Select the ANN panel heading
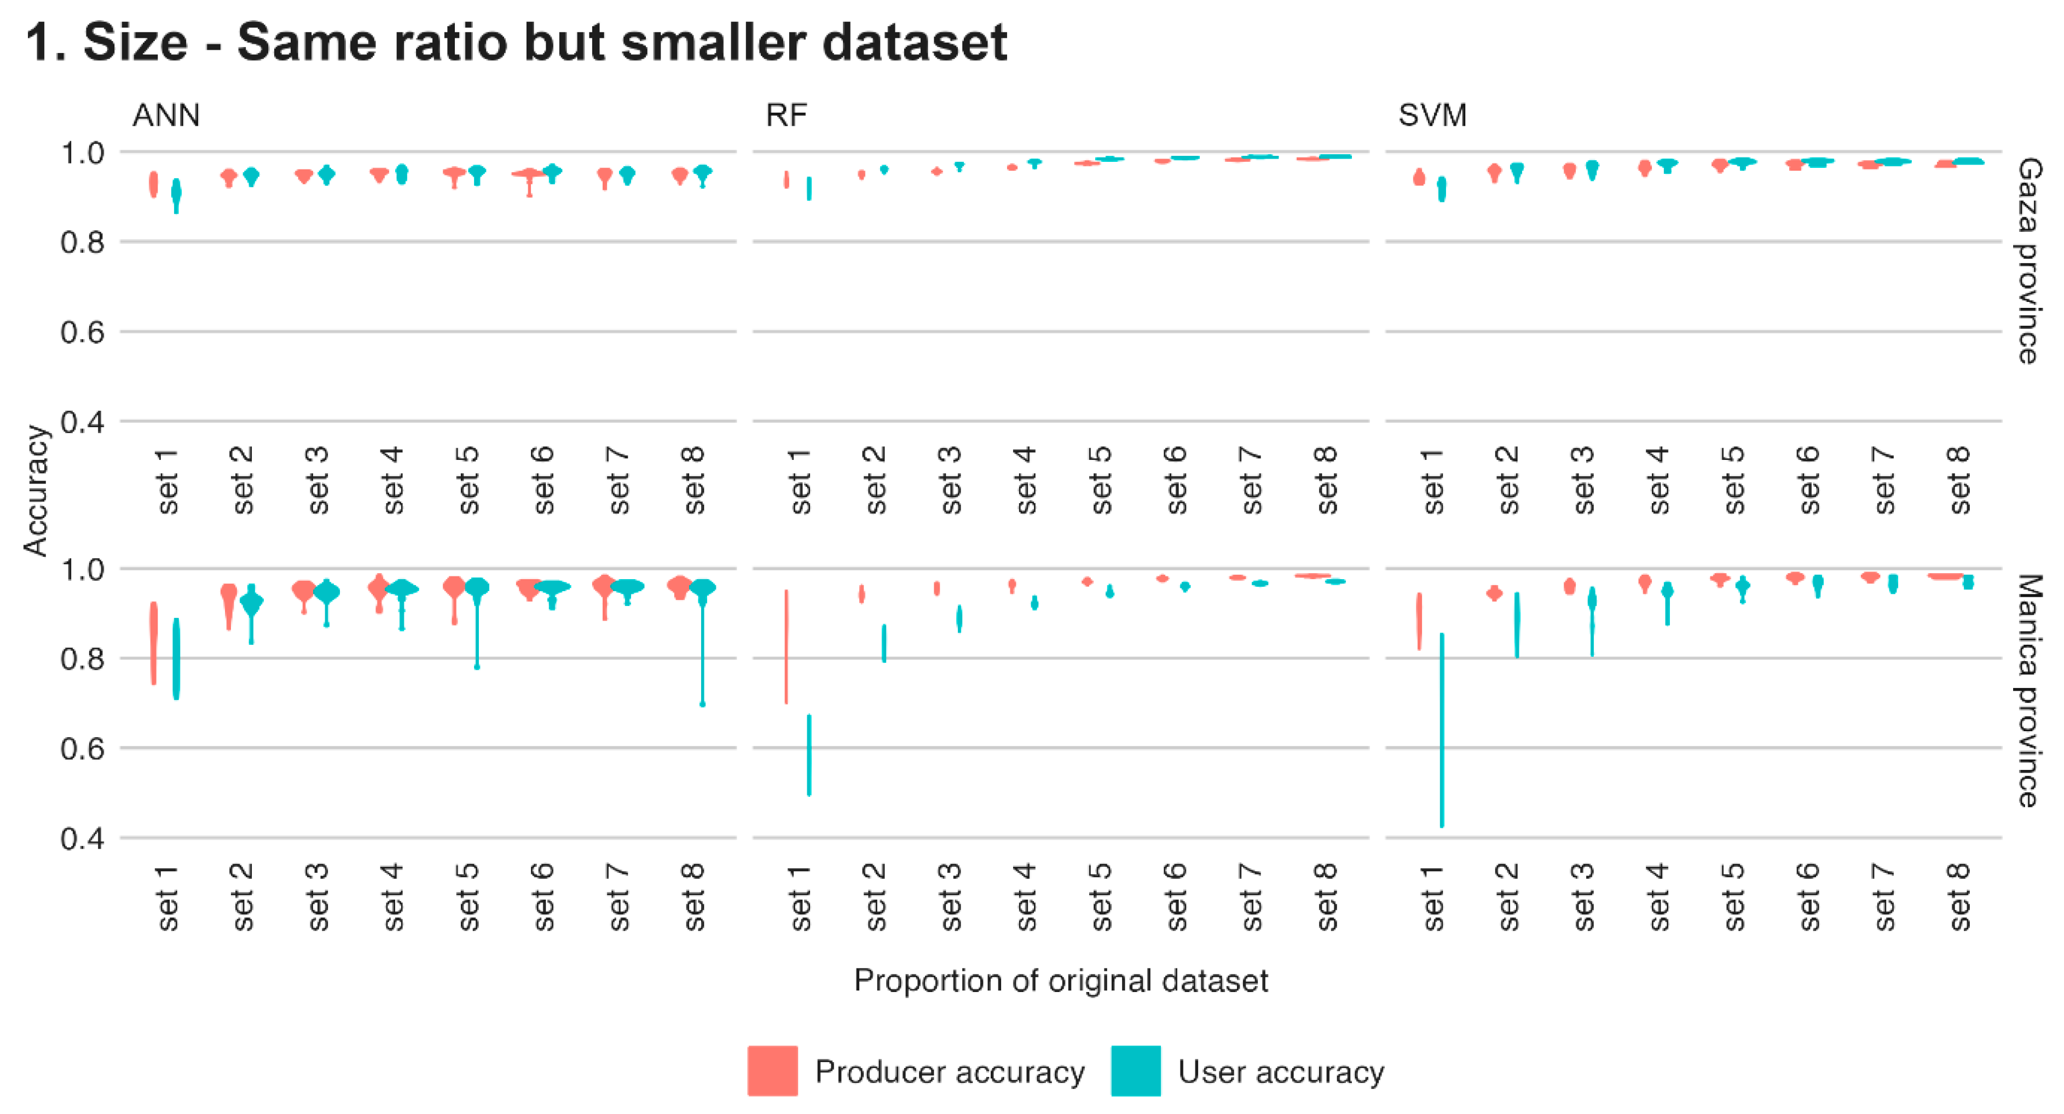(166, 115)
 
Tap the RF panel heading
(785, 115)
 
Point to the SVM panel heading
(1432, 115)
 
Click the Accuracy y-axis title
(36, 490)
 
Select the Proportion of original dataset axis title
(1060, 980)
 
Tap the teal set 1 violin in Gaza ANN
(176, 195)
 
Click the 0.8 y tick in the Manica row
(83, 659)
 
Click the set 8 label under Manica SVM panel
(1958, 897)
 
